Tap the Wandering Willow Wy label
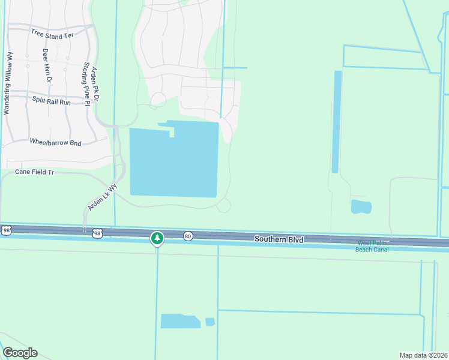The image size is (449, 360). coord(8,83)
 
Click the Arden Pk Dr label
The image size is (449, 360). coord(95,84)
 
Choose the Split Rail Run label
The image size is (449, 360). coord(51,102)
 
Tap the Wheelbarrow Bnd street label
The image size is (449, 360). coord(55,143)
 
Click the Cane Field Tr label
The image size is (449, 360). coord(35,172)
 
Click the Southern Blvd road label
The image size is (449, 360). coord(279,239)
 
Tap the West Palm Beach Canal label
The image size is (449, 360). coord(373,246)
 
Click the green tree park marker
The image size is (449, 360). coord(157,239)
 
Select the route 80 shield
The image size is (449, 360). coord(188,236)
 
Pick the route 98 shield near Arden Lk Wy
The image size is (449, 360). coord(97,232)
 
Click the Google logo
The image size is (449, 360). coord(20,353)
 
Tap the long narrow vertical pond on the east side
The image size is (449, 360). coord(337,122)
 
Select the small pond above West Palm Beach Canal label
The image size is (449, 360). coord(361,207)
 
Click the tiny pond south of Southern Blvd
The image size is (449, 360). coord(209,322)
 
